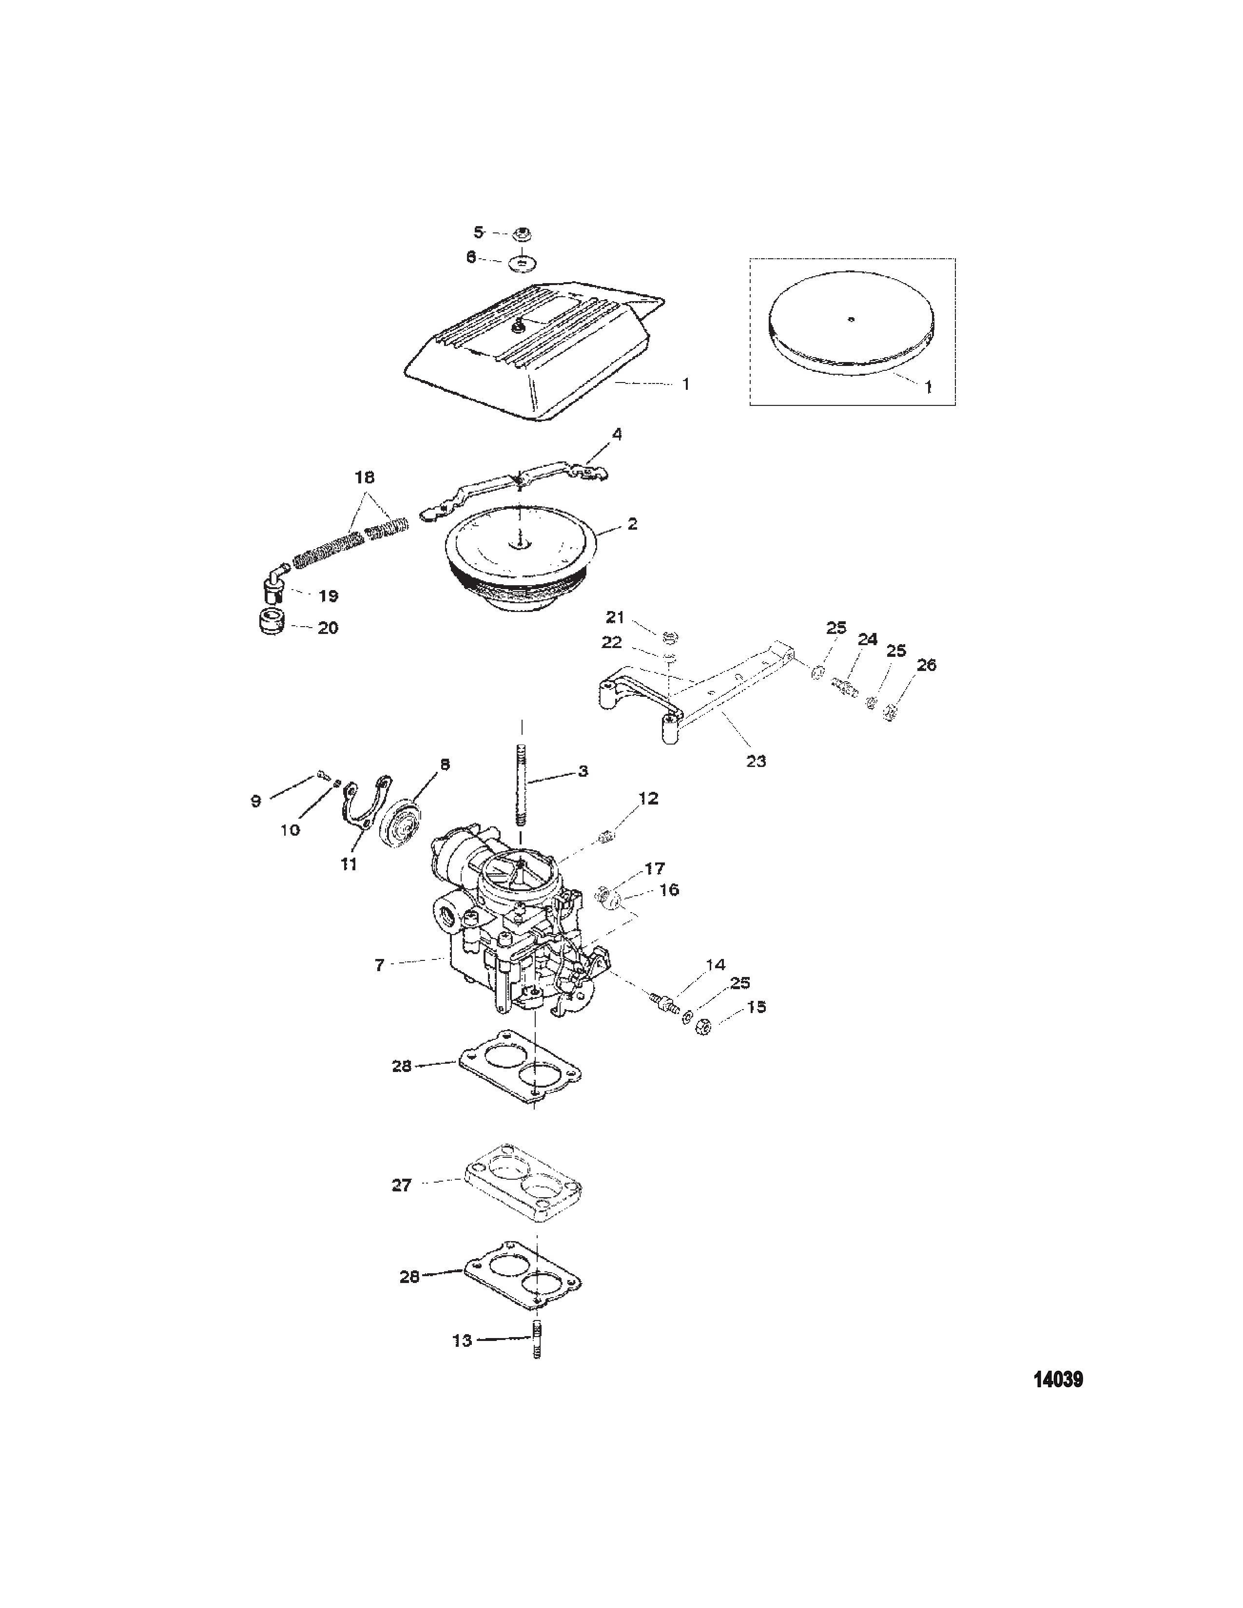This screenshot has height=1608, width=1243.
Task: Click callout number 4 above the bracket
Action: (616, 434)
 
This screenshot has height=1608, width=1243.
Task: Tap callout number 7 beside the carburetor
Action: (379, 964)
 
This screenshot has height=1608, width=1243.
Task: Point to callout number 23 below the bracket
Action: (756, 761)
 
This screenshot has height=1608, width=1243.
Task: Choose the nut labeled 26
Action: (890, 712)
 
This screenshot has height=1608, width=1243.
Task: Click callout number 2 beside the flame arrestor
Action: (632, 524)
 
